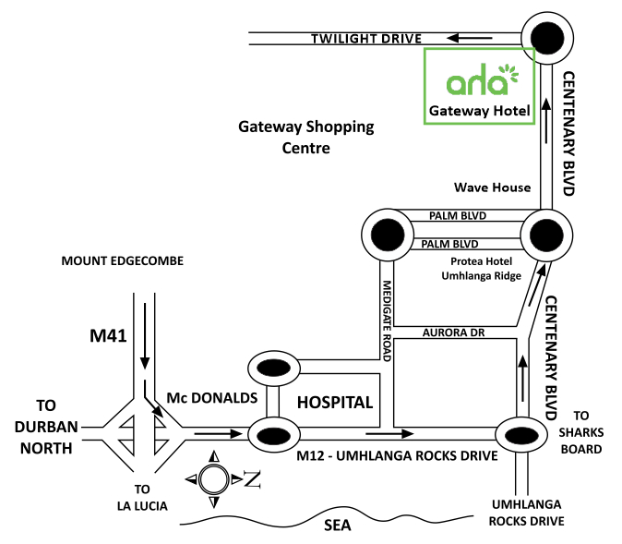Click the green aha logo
coord(479,81)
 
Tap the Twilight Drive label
coord(365,39)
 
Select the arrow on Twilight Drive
coord(468,39)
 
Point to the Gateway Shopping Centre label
coord(306,137)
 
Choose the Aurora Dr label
coord(452,332)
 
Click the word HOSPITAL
coord(334,403)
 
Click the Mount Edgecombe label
coord(123,261)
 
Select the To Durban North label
coord(46,427)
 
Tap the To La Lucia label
coord(142,496)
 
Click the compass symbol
coord(213,479)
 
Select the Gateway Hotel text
coord(479,113)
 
